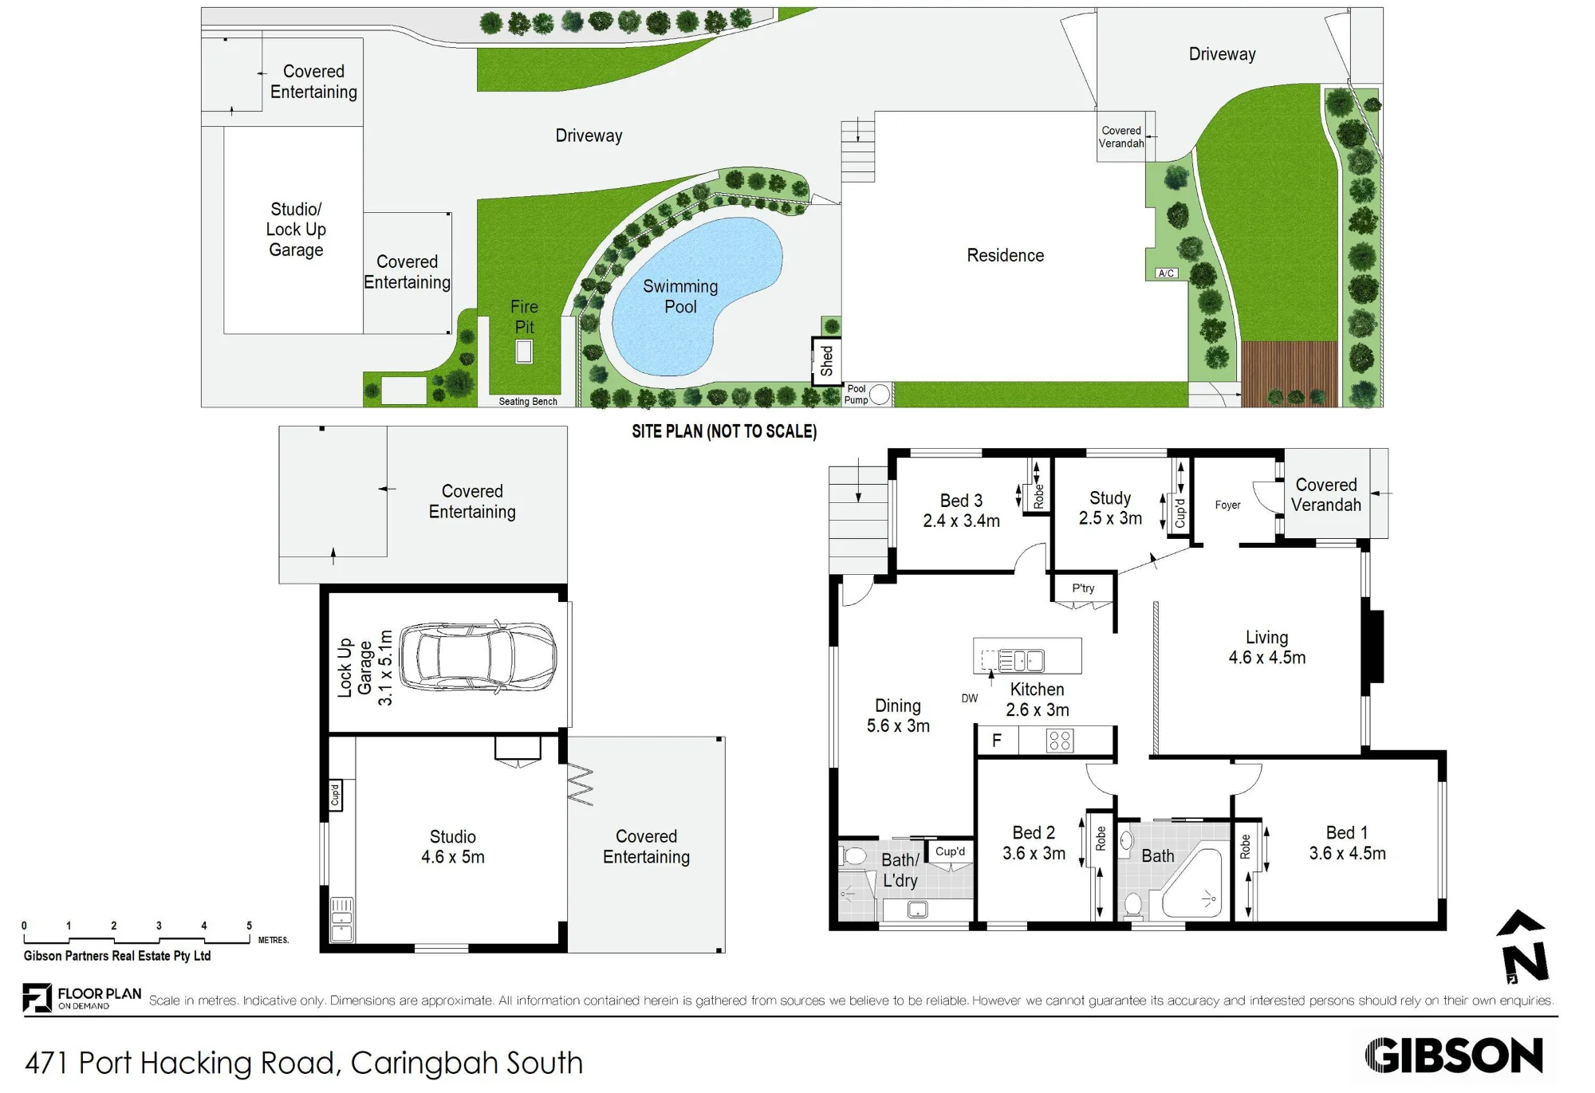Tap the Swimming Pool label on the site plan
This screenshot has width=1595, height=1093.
[680, 297]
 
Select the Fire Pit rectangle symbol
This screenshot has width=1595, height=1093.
[524, 352]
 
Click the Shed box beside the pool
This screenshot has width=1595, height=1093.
[826, 361]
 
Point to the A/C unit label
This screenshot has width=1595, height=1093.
[1166, 273]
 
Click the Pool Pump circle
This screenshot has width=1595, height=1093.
[880, 394]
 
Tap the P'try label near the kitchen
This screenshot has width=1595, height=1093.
[1083, 588]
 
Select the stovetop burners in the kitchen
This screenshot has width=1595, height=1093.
[1060, 741]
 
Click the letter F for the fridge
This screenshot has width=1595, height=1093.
[997, 741]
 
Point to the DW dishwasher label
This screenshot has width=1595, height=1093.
[969, 698]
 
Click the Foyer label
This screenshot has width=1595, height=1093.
[1227, 505]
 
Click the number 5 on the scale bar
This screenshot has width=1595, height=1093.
[249, 926]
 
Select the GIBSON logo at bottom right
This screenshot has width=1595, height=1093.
[1454, 1056]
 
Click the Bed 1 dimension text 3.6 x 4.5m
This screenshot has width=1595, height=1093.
[1347, 853]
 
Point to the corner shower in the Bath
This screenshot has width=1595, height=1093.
[1192, 882]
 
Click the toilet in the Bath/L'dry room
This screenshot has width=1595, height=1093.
[852, 856]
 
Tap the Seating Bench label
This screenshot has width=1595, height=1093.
[528, 401]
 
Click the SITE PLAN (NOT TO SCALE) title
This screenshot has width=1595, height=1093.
[724, 431]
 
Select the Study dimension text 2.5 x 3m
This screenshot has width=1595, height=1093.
[1110, 518]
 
